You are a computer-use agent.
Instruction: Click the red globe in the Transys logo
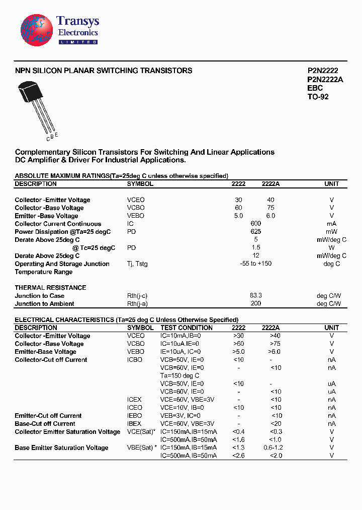pyautogui.click(x=36, y=31)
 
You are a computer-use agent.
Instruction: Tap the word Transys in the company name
pyautogui.click(x=77, y=21)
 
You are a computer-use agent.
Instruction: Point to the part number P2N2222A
pyautogui.click(x=325, y=80)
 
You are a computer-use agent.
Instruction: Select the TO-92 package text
pyautogui.click(x=318, y=96)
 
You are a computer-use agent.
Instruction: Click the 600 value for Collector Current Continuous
pyautogui.click(x=255, y=224)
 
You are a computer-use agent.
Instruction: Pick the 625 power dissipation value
pyautogui.click(x=255, y=232)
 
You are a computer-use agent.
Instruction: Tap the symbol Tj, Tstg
pyautogui.click(x=137, y=264)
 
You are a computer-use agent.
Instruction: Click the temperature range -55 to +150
pyautogui.click(x=255, y=264)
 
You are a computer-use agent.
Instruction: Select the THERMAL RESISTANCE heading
pyautogui.click(x=50, y=288)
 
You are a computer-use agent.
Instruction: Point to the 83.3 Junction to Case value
pyautogui.click(x=255, y=296)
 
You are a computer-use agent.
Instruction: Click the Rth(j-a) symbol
pyautogui.click(x=137, y=304)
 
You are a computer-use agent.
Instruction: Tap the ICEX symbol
pyautogui.click(x=134, y=400)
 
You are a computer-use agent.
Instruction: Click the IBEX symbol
pyautogui.click(x=134, y=424)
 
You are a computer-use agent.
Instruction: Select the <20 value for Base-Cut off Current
pyautogui.click(x=276, y=424)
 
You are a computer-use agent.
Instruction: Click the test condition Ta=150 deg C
pyautogui.click(x=179, y=376)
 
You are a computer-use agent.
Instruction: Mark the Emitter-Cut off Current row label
pyautogui.click(x=48, y=416)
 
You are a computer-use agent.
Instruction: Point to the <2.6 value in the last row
pyautogui.click(x=238, y=456)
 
